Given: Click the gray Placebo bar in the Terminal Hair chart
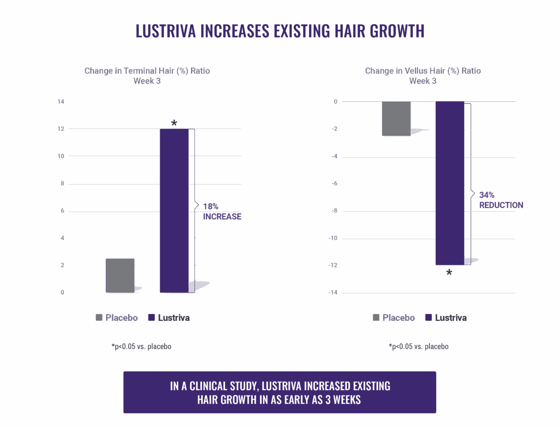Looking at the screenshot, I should click(120, 276).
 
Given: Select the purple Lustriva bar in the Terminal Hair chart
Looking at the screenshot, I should click(174, 210).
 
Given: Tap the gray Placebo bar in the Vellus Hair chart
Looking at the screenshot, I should click(396, 119).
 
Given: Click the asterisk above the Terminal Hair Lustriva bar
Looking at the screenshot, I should click(174, 123).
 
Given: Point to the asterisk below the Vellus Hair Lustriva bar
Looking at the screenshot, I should click(449, 272).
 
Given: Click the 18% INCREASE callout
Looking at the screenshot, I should click(222, 211).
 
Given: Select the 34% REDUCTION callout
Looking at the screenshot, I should click(501, 200).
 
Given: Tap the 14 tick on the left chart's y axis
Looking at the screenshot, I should click(61, 102).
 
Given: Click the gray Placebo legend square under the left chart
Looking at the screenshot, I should click(99, 318).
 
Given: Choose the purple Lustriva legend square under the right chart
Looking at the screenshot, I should click(429, 318).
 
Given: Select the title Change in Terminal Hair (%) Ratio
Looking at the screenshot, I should click(147, 71).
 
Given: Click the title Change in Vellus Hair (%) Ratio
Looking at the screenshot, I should click(423, 71).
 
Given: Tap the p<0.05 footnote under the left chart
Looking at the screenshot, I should click(141, 347).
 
